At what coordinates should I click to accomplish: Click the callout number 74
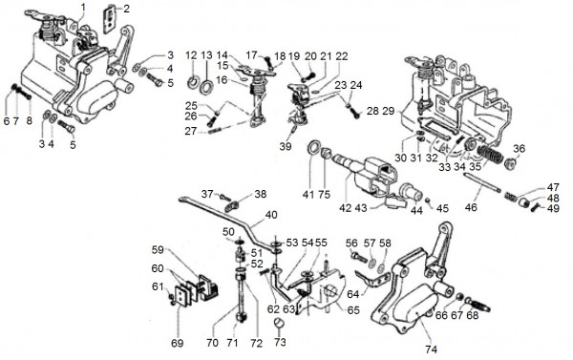coord(431,349)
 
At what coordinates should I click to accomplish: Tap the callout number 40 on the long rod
coord(271,215)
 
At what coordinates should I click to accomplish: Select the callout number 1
coord(83,7)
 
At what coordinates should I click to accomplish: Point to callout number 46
coord(471,207)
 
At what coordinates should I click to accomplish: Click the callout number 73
coord(280,342)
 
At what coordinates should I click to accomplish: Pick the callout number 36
coord(519,149)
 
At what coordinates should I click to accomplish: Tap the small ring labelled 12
coord(192,82)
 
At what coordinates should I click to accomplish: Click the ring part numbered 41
coord(313,147)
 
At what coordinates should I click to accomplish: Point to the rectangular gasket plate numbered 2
coord(110,18)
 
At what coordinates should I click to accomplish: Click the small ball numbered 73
coord(280,323)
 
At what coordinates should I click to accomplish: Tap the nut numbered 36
coord(509,163)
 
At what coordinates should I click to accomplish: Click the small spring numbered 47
coord(511,197)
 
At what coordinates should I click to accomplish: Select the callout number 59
coord(158,249)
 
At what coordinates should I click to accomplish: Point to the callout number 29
coord(388,111)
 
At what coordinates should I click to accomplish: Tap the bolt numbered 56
coord(359,257)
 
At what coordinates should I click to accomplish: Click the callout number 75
coord(324,194)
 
